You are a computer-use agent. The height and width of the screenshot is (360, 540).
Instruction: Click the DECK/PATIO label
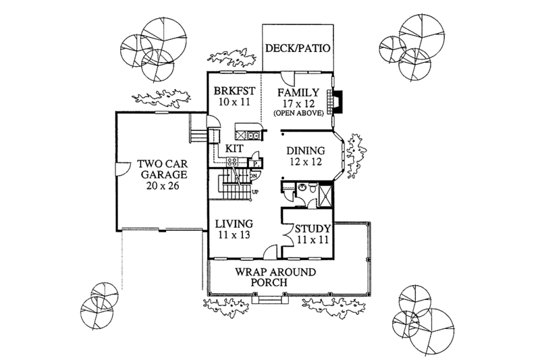coord(297,49)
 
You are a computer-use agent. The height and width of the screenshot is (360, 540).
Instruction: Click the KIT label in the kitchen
coord(234,147)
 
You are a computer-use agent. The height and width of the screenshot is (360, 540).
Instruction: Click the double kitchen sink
coord(253,135)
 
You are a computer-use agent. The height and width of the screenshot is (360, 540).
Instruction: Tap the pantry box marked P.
coord(257,163)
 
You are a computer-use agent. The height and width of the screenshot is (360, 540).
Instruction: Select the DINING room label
coord(306,151)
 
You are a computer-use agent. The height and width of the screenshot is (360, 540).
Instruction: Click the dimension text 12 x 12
coord(306,163)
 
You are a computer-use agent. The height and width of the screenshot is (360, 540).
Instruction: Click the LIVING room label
coord(234,224)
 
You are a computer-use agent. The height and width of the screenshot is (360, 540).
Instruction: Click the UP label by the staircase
coord(255,192)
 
